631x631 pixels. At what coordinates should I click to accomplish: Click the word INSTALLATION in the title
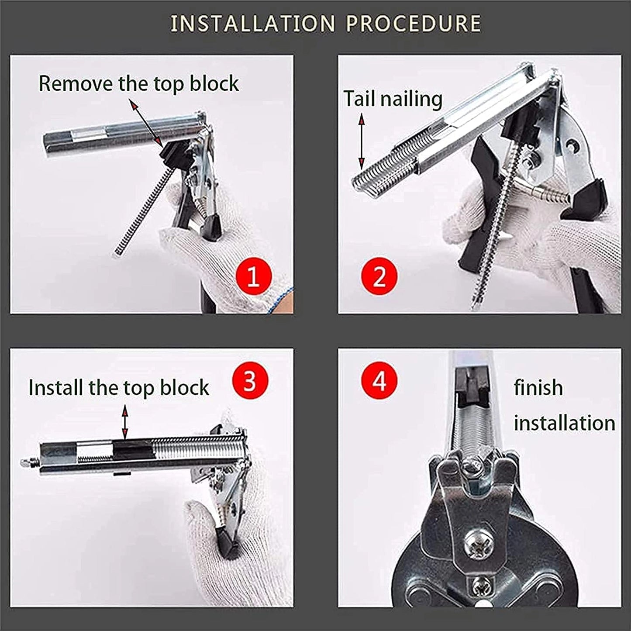tap(252, 24)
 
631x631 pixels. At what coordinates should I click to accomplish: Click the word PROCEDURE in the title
tap(413, 24)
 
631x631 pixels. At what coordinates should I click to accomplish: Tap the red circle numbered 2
tap(379, 276)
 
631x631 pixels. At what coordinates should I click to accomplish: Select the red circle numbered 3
tap(249, 381)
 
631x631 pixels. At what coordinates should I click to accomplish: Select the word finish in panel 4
tap(538, 388)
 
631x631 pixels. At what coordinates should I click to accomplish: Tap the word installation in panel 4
tap(564, 423)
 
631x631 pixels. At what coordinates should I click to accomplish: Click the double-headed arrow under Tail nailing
tap(362, 141)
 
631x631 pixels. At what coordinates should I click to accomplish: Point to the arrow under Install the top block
tap(125, 422)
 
